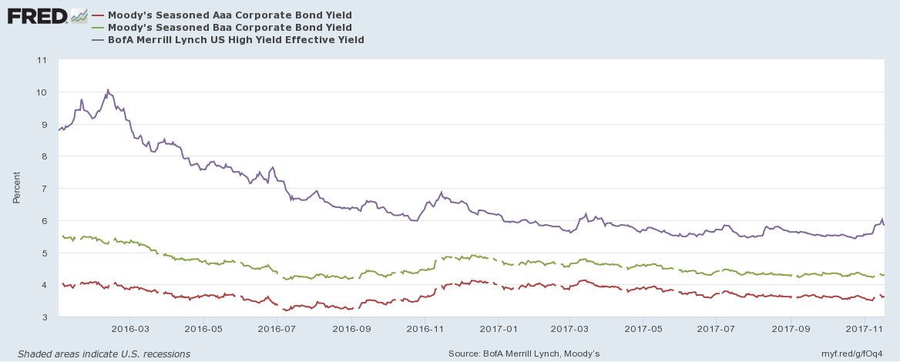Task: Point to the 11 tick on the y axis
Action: [42, 60]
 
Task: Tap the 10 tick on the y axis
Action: [42, 92]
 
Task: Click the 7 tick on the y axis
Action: [43, 189]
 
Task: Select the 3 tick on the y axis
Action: [43, 317]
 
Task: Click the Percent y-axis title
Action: [16, 188]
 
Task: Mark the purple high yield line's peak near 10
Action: [108, 89]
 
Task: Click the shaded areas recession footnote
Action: [99, 354]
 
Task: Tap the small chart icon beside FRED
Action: [79, 15]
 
